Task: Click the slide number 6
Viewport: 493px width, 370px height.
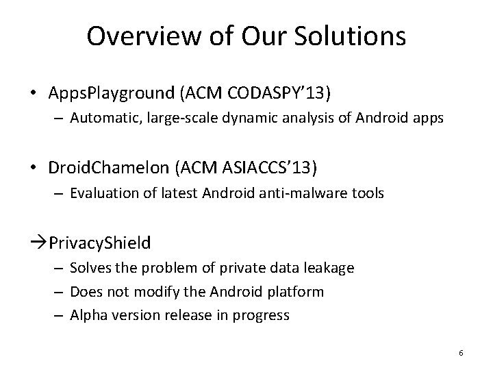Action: click(x=461, y=353)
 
